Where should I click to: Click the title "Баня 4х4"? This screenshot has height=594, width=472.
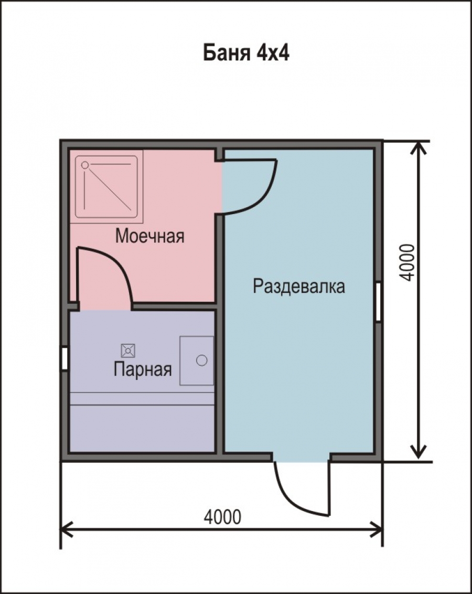tap(246, 52)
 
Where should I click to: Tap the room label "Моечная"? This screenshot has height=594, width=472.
tap(150, 236)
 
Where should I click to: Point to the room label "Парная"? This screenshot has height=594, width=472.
tap(143, 369)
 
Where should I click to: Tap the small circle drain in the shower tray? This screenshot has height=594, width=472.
tap(85, 165)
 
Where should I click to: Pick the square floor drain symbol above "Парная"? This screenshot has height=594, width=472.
tap(128, 351)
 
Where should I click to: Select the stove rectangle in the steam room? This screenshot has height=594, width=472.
tap(197, 360)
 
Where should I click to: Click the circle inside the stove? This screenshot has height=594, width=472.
tap(202, 360)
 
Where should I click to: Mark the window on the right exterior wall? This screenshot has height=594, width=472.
tap(378, 302)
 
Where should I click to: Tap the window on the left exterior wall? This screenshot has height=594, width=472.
tap(65, 358)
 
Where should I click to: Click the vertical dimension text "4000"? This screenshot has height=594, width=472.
tap(407, 262)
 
